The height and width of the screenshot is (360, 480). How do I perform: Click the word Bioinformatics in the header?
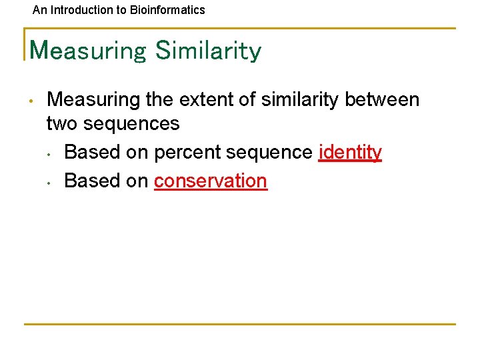[172, 10]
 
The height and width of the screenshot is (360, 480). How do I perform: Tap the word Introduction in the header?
[79, 10]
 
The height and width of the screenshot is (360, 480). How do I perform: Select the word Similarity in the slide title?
[208, 51]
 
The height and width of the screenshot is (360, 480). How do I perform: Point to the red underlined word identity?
[350, 153]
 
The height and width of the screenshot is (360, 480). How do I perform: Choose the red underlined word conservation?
[211, 181]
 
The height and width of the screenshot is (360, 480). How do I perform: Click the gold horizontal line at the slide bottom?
[240, 324]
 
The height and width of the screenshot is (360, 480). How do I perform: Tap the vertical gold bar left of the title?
[25, 44]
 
